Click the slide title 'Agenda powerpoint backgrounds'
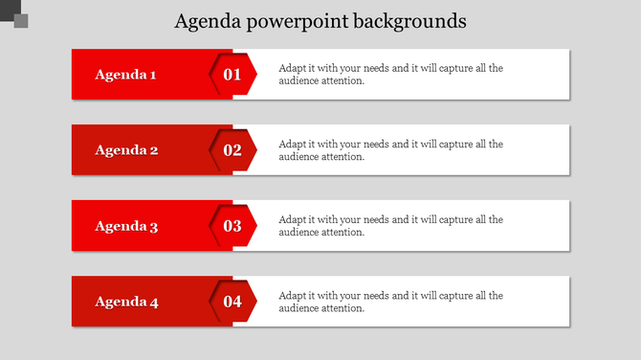coord(320,20)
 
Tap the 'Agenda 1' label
coord(125,75)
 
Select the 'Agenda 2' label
coord(125,150)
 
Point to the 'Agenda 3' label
coord(125,227)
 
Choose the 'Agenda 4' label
coord(125,303)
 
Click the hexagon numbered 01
coord(232,75)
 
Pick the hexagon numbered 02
coord(232,150)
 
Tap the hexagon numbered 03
coord(232,227)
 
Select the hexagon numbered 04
coord(232,303)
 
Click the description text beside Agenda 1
coord(390,75)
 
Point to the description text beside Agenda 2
coord(390,150)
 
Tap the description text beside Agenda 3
coord(390,226)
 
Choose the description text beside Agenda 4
coord(390,302)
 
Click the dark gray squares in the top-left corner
coord(14,14)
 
